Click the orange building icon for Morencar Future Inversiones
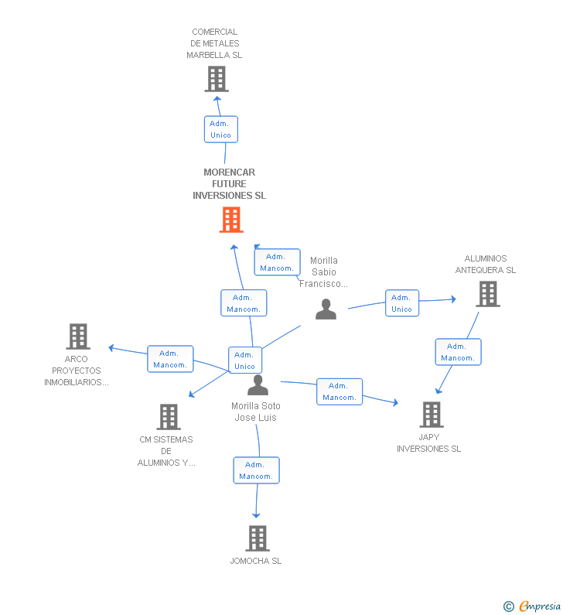[x=230, y=220]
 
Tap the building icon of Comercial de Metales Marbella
[x=217, y=79]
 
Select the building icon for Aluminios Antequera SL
[x=487, y=294]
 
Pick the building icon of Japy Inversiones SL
[x=432, y=415]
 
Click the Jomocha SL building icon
[x=258, y=538]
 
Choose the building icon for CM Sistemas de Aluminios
[x=168, y=417]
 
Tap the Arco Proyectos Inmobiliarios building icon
[x=78, y=337]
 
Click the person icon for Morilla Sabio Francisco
[x=326, y=309]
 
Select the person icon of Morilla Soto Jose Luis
[x=258, y=384]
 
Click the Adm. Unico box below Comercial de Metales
[x=220, y=129]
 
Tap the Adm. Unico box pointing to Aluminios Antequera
[x=401, y=303]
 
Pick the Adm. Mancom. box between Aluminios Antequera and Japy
[x=458, y=352]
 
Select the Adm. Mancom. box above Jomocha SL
[x=256, y=470]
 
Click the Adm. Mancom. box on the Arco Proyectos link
[x=170, y=359]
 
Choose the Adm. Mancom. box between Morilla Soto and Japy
[x=340, y=391]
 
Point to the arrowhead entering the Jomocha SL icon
[x=257, y=515]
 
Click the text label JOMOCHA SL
[x=256, y=561]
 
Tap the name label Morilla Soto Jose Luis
[x=256, y=412]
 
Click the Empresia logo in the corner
[x=539, y=606]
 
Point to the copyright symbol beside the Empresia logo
[x=509, y=606]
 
